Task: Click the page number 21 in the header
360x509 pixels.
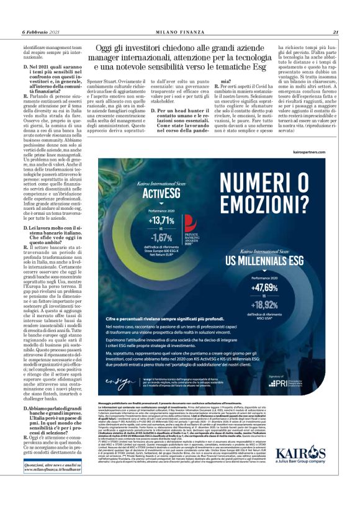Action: click(335, 32)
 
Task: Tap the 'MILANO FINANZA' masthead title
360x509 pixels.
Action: click(180, 32)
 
